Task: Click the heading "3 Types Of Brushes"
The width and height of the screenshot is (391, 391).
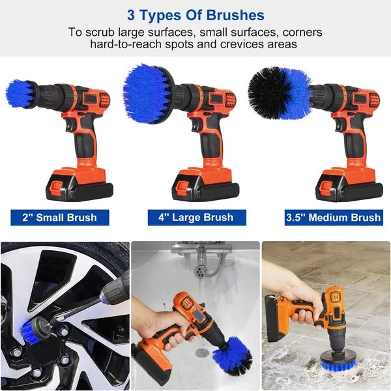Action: pyautogui.click(x=195, y=14)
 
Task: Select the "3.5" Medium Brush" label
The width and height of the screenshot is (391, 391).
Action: pyautogui.click(x=332, y=217)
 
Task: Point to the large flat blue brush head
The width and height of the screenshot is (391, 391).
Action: pyautogui.click(x=148, y=93)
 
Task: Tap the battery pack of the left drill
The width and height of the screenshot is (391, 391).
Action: pyautogui.click(x=77, y=184)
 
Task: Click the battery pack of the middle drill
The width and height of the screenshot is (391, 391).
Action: pyautogui.click(x=204, y=184)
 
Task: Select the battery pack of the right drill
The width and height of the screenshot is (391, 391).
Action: pyautogui.click(x=347, y=184)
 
